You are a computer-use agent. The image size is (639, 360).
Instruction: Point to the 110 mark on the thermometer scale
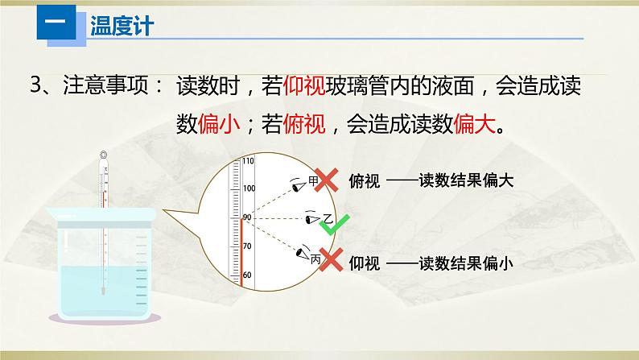[248, 161]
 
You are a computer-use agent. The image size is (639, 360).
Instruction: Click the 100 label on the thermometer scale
[248, 188]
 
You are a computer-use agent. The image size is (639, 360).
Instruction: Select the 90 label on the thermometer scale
[247, 217]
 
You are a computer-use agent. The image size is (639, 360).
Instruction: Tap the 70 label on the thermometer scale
[247, 246]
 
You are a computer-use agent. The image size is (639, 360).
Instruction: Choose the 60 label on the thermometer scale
[247, 275]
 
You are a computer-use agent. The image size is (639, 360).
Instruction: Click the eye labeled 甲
[300, 183]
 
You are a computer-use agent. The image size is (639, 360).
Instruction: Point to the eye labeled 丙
[303, 254]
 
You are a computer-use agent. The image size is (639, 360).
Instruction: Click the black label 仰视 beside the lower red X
[365, 263]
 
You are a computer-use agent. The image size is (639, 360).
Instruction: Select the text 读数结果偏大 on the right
[465, 181]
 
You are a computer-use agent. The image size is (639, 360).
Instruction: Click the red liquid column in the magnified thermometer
[240, 250]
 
